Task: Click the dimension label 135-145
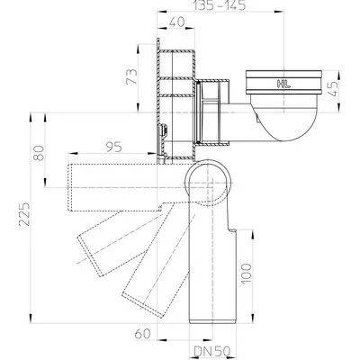220,5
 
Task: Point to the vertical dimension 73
131,76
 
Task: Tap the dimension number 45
333,88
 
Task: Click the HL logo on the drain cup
283,85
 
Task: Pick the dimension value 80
39,153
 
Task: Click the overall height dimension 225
24,214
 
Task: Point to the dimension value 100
246,274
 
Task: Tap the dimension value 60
142,334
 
